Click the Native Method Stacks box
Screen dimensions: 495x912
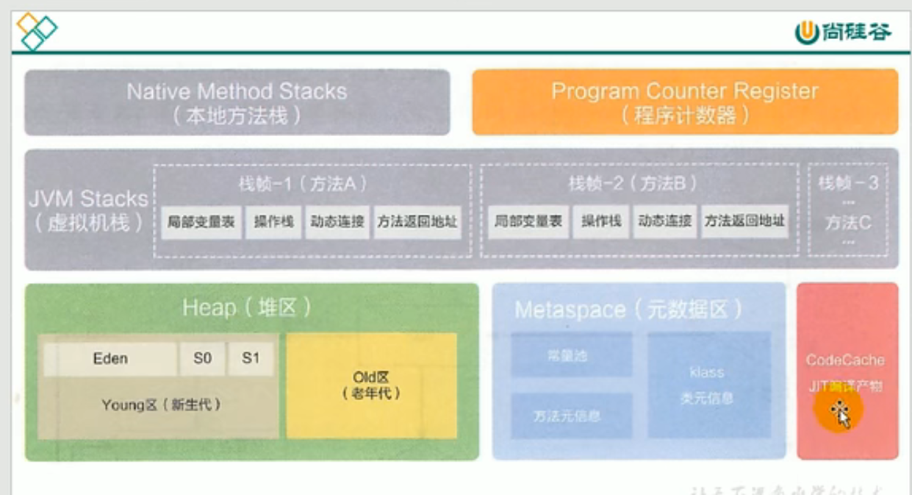(237, 102)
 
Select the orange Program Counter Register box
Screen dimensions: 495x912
(684, 102)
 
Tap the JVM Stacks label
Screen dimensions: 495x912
(89, 210)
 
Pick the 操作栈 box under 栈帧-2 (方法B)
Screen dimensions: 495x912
(601, 221)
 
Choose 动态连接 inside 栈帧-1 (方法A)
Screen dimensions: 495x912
(337, 221)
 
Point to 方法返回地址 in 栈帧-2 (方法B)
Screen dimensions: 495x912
(744, 221)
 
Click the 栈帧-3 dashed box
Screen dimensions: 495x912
(848, 210)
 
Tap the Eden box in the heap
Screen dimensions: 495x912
(110, 359)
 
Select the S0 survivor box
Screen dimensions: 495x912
(202, 359)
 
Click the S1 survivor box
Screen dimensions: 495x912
(251, 359)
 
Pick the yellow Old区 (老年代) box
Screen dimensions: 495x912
(371, 385)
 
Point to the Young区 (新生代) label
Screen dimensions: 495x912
(161, 405)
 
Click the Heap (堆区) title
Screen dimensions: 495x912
(247, 307)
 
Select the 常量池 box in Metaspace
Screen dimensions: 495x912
(571, 355)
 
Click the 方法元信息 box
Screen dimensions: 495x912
(571, 416)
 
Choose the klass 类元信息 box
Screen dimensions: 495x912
(708, 385)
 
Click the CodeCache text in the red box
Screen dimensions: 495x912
(845, 360)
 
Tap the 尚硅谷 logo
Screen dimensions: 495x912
(843, 32)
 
